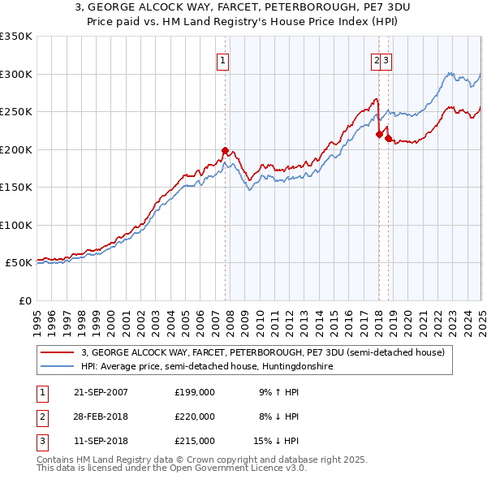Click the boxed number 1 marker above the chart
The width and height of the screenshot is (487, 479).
[222, 59]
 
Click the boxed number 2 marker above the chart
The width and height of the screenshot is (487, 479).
[377, 59]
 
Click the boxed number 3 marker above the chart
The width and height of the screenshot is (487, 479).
[387, 59]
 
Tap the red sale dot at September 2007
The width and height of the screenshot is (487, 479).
[225, 150]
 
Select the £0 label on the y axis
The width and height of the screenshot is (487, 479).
[24, 300]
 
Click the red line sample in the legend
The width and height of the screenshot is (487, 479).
[57, 353]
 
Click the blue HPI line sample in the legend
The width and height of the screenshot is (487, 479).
[57, 367]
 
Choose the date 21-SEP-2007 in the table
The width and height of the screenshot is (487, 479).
[101, 391]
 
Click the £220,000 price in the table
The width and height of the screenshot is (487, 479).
[195, 416]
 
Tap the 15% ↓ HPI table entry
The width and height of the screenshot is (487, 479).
[277, 441]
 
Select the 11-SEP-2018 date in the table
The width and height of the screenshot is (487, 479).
[101, 441]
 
